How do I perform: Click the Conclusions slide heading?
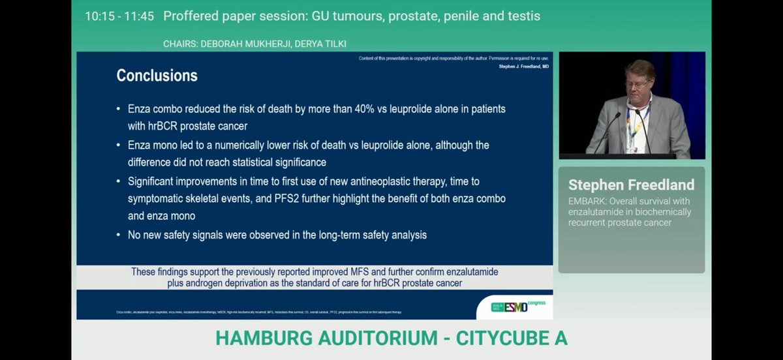point(157,76)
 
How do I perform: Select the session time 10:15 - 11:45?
point(119,16)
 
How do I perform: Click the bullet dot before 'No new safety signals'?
point(118,235)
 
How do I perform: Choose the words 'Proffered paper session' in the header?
point(232,16)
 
